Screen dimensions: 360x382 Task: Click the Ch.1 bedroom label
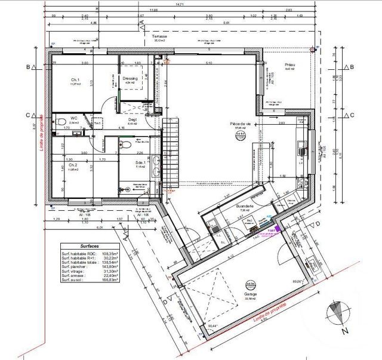click(75, 80)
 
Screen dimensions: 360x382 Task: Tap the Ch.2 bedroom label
click(72, 165)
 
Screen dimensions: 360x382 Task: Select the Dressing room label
click(130, 79)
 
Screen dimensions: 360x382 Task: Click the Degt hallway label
click(132, 119)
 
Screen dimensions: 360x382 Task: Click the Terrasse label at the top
click(159, 36)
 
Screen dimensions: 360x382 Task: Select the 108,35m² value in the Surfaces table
click(111, 253)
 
